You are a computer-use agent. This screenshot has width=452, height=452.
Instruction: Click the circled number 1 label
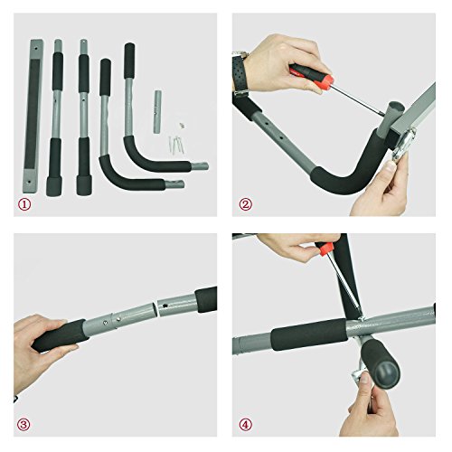point(24,205)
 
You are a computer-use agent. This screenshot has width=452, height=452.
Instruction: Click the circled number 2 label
point(245,205)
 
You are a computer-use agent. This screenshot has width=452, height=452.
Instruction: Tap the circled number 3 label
point(24,425)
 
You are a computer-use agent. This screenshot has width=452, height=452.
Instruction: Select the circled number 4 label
point(245,425)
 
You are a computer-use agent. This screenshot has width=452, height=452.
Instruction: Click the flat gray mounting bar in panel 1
point(33,116)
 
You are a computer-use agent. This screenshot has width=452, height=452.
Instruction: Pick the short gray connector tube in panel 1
point(157,111)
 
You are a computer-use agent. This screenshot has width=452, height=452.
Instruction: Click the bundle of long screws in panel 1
point(176,146)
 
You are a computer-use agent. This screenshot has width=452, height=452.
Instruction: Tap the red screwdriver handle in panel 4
point(325,250)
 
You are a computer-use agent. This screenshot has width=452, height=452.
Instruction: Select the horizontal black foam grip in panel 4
point(309,334)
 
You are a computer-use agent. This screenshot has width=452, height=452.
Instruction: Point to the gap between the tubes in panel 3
point(157,309)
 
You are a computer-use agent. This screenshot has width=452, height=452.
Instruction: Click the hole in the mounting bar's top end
point(36,48)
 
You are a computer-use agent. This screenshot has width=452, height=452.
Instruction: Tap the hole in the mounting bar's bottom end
point(30,182)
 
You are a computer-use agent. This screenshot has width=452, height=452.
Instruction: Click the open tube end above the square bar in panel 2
point(395,108)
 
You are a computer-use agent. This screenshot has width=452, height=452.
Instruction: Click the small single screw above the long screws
point(182,126)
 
